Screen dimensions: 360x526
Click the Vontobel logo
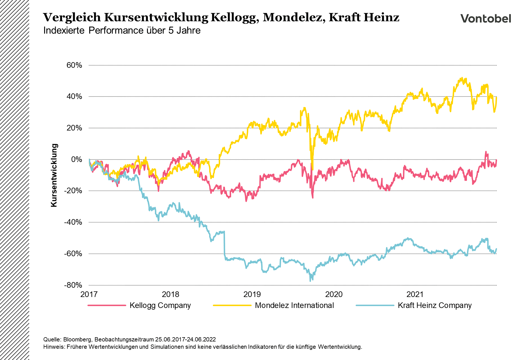[x=486, y=19]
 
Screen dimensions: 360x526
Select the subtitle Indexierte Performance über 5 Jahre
[x=122, y=30]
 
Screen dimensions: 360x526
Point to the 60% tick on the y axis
[x=74, y=65]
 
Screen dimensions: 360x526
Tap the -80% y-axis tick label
[x=73, y=285]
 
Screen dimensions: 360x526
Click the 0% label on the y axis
[x=76, y=159]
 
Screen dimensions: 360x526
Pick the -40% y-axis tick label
[x=73, y=222]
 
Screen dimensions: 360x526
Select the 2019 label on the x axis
[x=252, y=294]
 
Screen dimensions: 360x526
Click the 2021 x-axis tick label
[x=415, y=294]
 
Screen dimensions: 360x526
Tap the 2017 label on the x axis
[x=89, y=294]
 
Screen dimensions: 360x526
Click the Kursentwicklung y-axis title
[x=54, y=175]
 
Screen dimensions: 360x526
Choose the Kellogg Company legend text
[x=160, y=305]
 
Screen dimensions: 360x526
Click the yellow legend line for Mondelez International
[x=232, y=305]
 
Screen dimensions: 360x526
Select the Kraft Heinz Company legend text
[x=435, y=305]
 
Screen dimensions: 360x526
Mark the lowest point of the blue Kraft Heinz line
[x=310, y=281]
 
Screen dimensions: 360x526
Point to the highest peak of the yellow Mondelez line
[x=462, y=78]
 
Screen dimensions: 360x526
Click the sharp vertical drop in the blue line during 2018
[x=224, y=243]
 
